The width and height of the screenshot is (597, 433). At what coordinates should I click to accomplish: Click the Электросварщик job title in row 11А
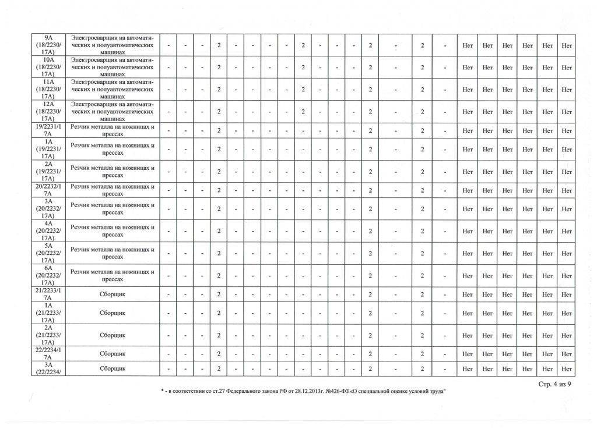pos(112,90)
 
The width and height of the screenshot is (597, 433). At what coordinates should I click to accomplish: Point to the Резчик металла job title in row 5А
pos(112,253)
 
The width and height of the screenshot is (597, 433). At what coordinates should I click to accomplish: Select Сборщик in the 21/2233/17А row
pos(112,294)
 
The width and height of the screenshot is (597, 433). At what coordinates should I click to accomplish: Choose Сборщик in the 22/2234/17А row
pos(112,353)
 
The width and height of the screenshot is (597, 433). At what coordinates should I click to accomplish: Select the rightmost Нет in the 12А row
pos(566,111)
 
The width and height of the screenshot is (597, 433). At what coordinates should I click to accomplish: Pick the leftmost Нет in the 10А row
pos(467,68)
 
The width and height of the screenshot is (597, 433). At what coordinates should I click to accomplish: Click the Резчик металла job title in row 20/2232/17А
pos(112,190)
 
